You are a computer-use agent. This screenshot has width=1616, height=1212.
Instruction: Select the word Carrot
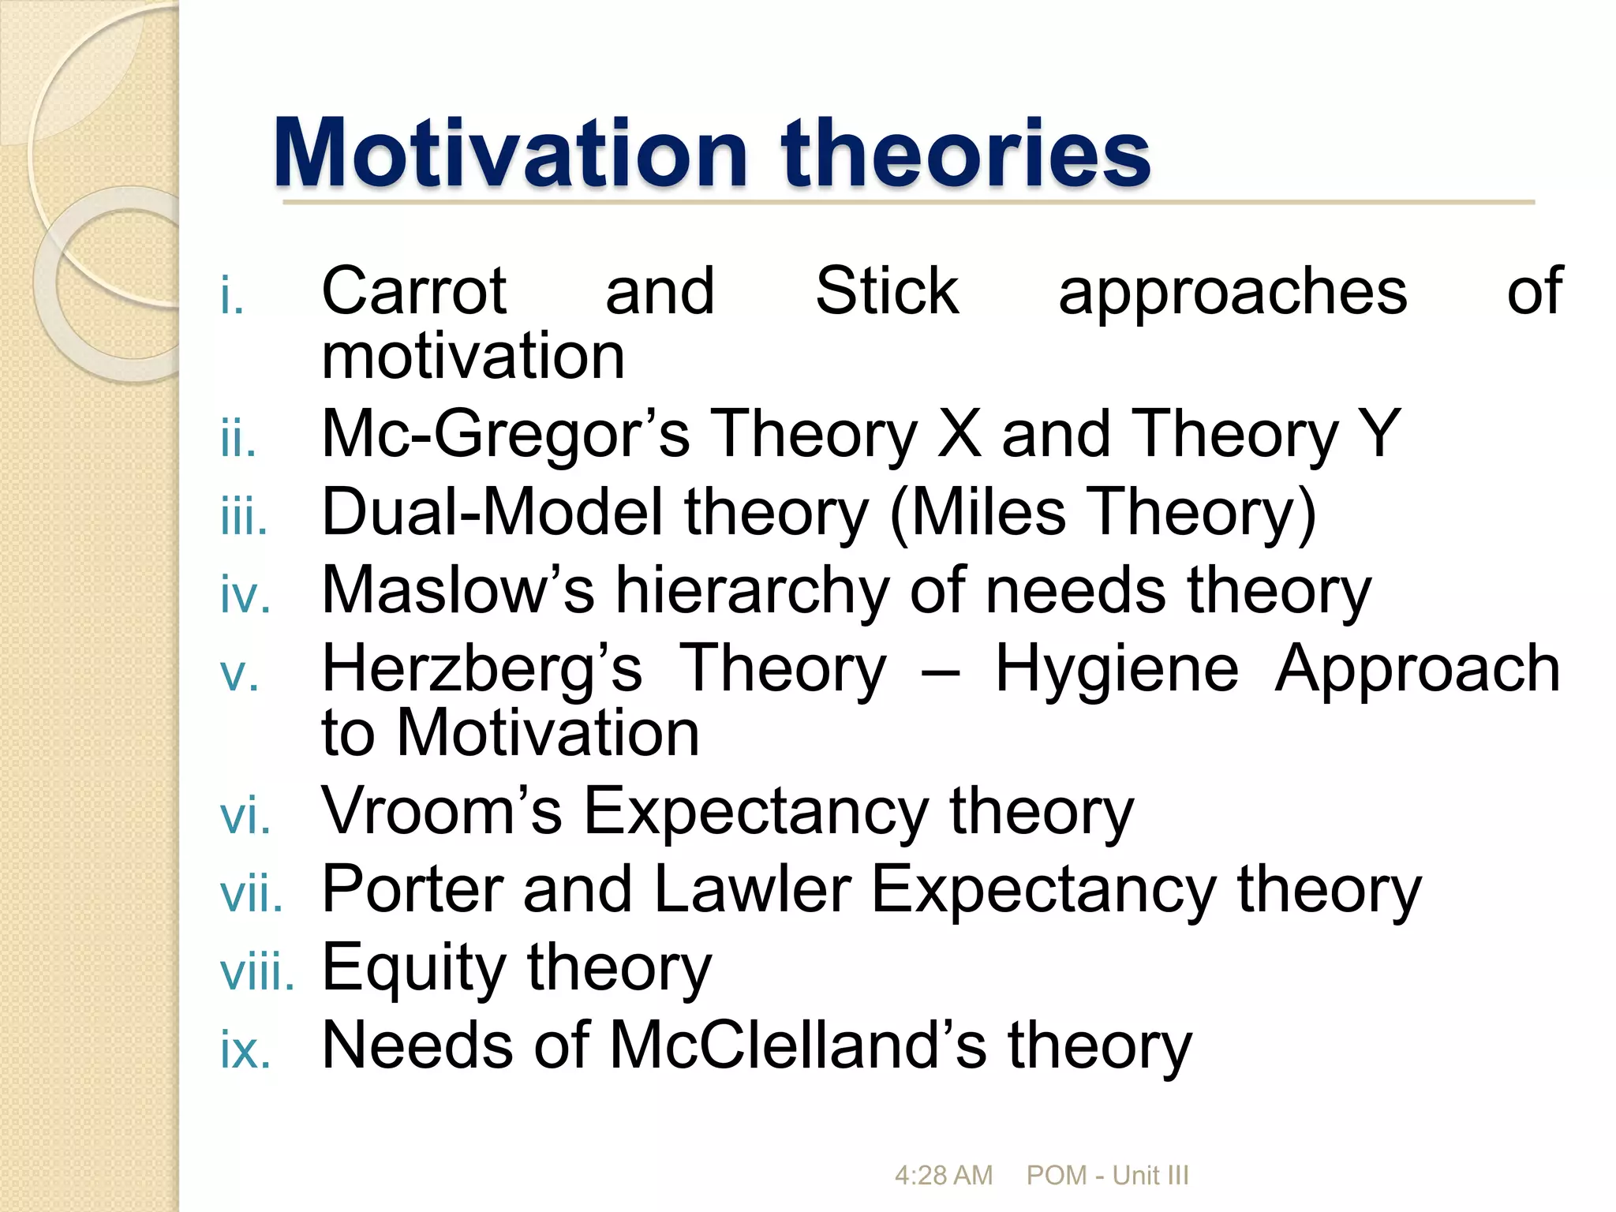click(x=413, y=291)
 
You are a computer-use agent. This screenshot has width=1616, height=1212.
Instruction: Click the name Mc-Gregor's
click(x=505, y=434)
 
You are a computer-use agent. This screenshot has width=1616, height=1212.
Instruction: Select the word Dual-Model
click(x=492, y=512)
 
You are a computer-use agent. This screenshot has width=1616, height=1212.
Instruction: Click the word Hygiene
click(x=1117, y=668)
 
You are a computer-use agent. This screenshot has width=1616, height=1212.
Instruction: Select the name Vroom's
click(x=441, y=810)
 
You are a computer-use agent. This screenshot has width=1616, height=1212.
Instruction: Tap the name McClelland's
click(x=797, y=1045)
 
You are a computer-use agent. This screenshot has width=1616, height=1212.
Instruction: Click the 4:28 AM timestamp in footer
click(x=943, y=1176)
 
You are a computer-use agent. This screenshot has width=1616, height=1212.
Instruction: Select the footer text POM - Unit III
click(x=1107, y=1176)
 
